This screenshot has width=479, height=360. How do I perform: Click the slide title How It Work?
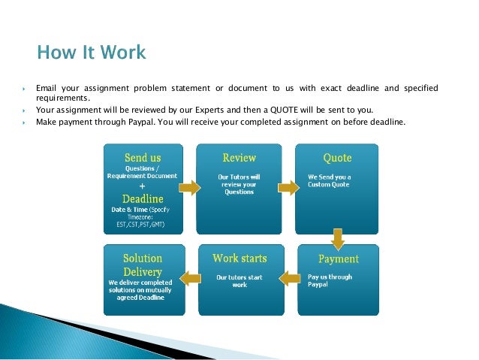tap(92, 53)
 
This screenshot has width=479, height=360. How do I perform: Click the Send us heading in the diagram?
tap(142, 158)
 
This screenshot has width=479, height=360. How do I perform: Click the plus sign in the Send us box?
tap(142, 185)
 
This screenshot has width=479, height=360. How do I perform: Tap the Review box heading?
tap(239, 158)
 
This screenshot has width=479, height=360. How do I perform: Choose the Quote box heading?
tap(337, 158)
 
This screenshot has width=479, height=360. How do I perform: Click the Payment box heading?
tap(338, 259)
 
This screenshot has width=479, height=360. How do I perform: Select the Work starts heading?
tap(239, 259)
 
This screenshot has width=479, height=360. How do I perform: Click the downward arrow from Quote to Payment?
tap(338, 238)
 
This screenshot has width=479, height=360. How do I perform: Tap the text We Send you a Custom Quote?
tap(330, 181)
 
